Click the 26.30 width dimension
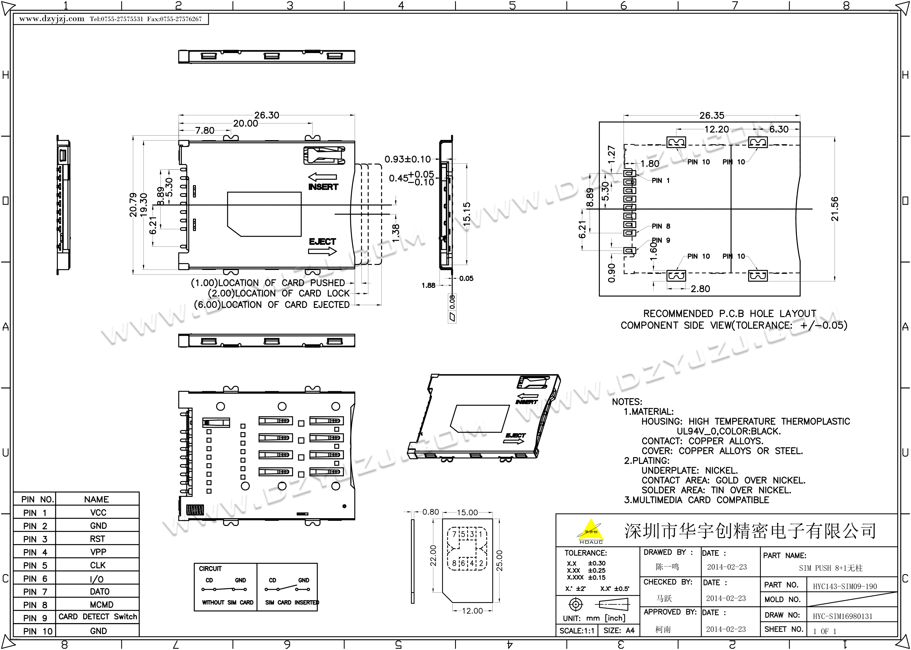click(x=267, y=115)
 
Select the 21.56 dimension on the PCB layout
click(x=835, y=209)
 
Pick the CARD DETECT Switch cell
click(x=98, y=617)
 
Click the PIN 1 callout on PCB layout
click(x=660, y=181)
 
